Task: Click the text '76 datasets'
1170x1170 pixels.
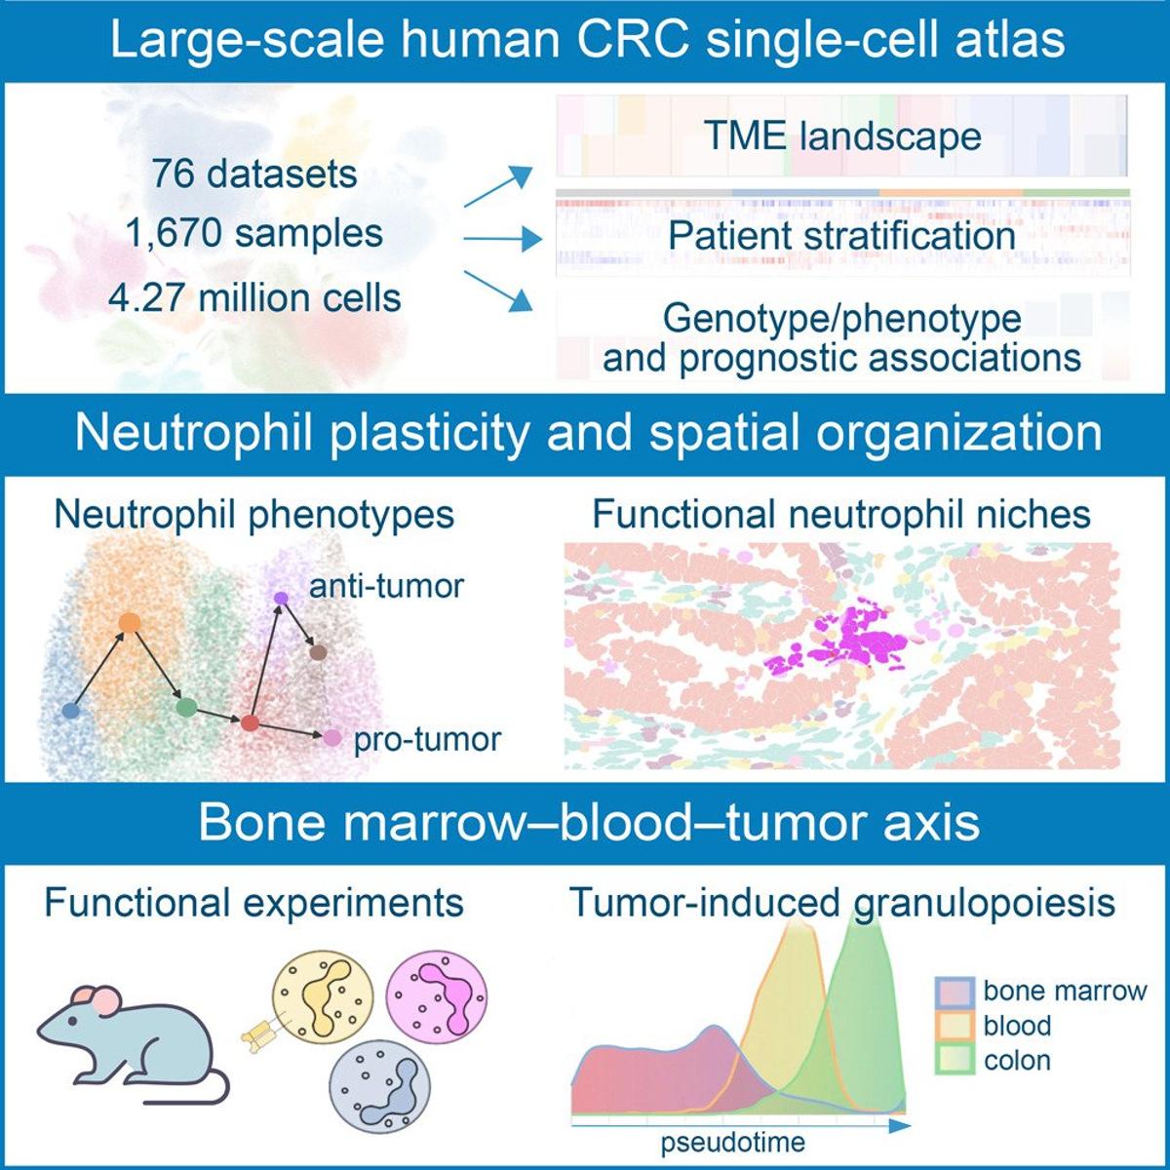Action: pos(254,175)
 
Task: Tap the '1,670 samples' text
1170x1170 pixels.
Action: pos(254,235)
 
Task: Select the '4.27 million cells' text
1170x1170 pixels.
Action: pos(254,296)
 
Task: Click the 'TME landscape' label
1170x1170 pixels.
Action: pos(841,136)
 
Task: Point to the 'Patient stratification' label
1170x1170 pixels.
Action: pos(841,236)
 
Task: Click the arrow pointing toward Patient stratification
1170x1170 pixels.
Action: pos(501,238)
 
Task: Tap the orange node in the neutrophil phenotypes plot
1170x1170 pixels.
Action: pos(128,622)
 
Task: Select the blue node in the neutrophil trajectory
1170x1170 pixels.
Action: pos(70,711)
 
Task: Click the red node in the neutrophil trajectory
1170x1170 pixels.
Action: pos(250,722)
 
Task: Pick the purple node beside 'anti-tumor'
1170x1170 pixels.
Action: pos(281,598)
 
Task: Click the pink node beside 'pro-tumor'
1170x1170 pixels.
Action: pos(331,738)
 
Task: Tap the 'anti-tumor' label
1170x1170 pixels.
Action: pos(386,587)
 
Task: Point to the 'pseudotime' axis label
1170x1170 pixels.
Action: pos(733,1142)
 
